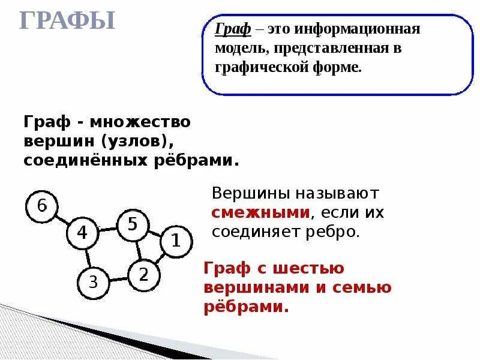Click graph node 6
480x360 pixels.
coord(41,206)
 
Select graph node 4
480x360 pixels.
coord(82,233)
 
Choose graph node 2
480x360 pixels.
coord(143,274)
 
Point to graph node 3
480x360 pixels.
coord(93,281)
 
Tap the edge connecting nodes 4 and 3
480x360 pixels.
coord(88,257)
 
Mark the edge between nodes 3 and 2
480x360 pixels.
coord(118,278)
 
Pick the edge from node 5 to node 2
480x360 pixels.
coord(137,250)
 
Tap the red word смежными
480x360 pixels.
coord(260,212)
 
